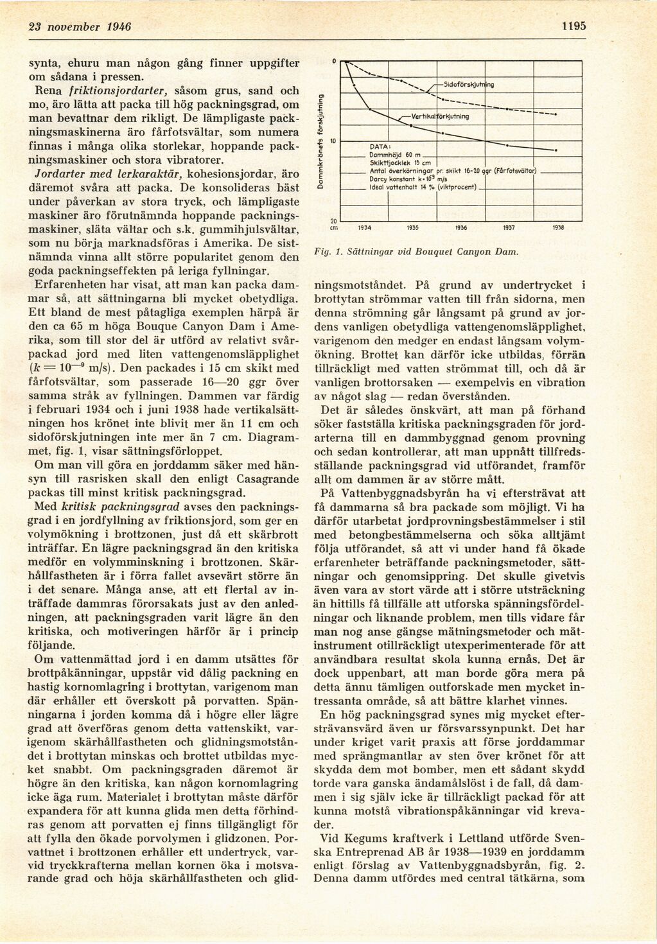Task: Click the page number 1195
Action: (573, 27)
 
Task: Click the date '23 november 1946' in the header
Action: (80, 27)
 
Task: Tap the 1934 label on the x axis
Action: (364, 227)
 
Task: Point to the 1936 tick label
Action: (460, 227)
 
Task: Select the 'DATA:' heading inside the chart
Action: (381, 146)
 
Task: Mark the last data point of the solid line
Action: (555, 150)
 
